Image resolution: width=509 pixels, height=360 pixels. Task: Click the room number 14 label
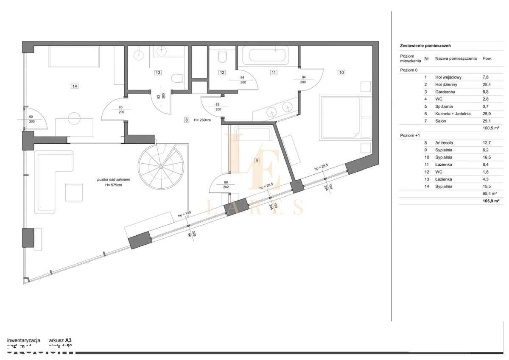(75, 86)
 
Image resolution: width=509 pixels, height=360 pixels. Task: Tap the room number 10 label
(341, 73)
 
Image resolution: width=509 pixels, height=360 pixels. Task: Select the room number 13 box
(157, 73)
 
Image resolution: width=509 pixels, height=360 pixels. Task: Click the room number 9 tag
(257, 160)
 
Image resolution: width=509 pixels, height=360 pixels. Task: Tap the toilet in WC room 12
(222, 56)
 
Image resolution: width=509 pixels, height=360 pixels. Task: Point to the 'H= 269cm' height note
(201, 120)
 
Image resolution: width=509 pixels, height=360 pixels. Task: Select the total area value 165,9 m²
(489, 201)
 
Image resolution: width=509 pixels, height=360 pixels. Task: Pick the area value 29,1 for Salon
(487, 121)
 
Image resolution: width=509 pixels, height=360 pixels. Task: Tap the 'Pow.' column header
(487, 59)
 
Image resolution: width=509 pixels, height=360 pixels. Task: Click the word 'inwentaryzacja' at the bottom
(24, 340)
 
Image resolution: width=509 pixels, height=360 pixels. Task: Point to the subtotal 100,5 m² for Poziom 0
(489, 128)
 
